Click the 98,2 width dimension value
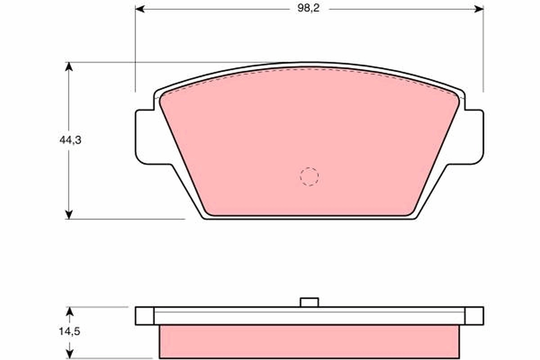coord(308,9)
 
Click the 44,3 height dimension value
coord(70,140)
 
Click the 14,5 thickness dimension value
coord(69,332)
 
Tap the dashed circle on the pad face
coord(309,176)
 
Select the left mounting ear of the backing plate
coord(146,136)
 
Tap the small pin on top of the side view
coord(309,302)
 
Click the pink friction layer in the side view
coord(309,342)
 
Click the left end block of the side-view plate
coord(144,316)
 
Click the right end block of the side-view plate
coord(474,316)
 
